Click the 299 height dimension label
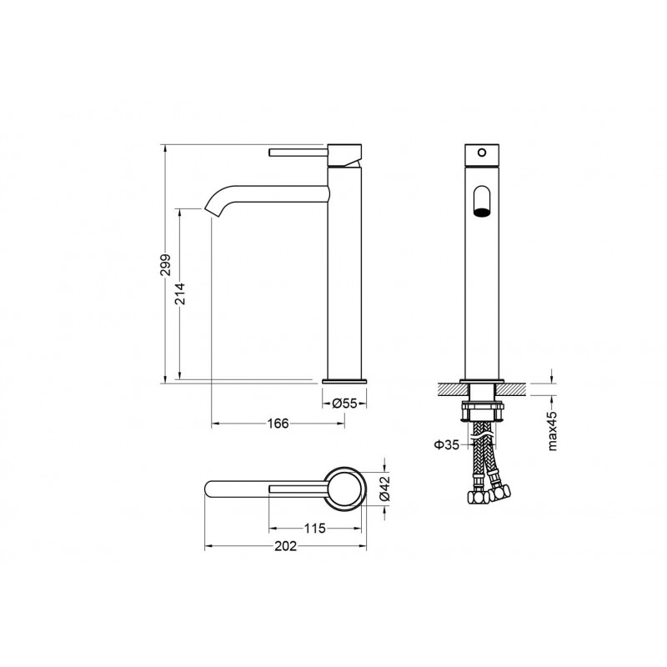165,264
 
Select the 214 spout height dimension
180,294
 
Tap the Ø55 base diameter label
344,403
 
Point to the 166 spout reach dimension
278,424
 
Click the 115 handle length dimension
315,529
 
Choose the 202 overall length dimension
285,546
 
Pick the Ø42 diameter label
384,488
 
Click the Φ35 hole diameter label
447,445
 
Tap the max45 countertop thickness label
552,431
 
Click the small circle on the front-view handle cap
482,152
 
